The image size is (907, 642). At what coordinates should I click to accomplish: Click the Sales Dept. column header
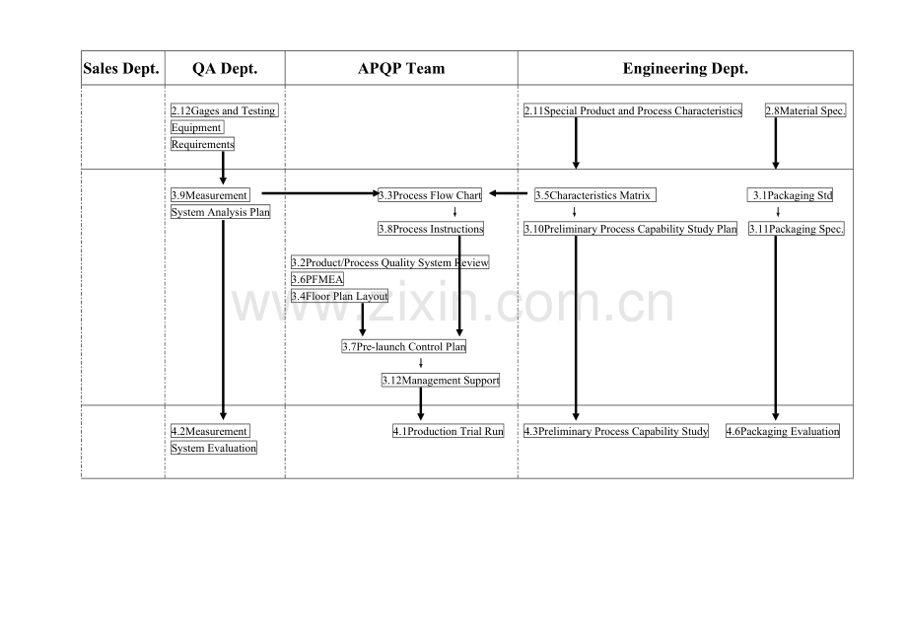pos(121,69)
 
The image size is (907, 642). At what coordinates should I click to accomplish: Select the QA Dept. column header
pos(225,69)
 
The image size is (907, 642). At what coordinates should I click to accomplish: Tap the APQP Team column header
pos(401,69)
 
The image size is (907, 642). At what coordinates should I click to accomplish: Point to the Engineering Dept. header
pos(685,69)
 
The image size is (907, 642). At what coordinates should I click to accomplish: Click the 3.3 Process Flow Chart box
pos(430,195)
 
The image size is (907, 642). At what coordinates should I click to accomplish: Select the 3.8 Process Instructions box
pos(431,229)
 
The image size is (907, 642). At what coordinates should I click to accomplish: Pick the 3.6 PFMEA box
pos(317,279)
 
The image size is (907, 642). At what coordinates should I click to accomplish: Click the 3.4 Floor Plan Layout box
pos(339,296)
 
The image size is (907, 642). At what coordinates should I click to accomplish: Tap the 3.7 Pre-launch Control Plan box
pos(404,346)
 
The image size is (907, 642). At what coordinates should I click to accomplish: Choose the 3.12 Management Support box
pos(441,380)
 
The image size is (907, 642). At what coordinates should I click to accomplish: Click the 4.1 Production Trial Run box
pos(449,431)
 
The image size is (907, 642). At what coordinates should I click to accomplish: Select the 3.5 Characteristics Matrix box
pos(595,195)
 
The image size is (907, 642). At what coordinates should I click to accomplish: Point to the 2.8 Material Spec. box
pos(805,110)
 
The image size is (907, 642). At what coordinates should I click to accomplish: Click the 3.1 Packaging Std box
pos(790,195)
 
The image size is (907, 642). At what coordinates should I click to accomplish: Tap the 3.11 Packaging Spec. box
pos(797,229)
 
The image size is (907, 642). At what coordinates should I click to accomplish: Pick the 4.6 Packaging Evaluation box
pos(783,431)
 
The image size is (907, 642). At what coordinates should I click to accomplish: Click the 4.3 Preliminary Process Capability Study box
pos(616,431)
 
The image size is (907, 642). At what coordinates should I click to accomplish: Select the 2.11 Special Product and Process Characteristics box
pos(633,110)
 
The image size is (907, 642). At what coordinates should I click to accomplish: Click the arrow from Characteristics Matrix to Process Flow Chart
pos(509,193)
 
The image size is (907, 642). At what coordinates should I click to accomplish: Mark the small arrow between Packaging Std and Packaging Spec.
pos(778,212)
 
